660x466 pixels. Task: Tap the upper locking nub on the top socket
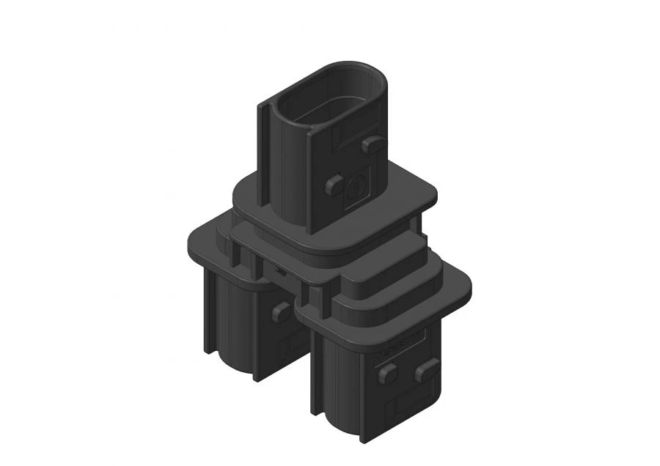373,144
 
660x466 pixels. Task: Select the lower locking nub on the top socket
334,185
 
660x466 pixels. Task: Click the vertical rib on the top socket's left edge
262,154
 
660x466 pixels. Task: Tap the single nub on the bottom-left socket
281,312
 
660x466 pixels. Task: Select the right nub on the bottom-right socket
427,369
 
